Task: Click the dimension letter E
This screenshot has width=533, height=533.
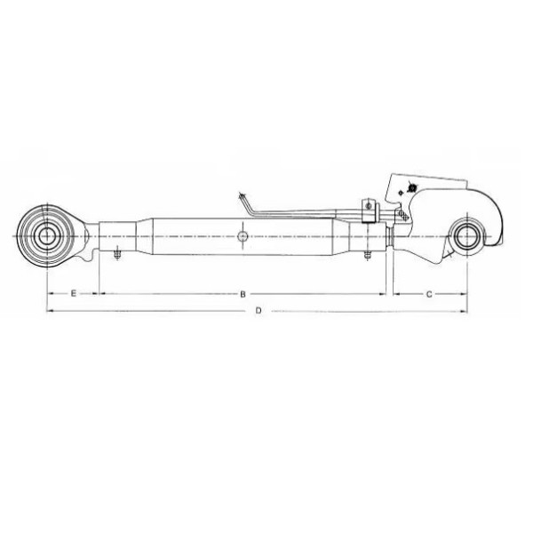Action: coord(72,292)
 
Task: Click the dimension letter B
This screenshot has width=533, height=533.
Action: coord(243,292)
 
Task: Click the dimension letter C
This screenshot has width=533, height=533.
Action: coord(429,292)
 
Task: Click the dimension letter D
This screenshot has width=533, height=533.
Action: coord(258,310)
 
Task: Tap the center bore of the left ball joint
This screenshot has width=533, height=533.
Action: coord(45,236)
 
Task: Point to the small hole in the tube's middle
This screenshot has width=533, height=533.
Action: coord(243,236)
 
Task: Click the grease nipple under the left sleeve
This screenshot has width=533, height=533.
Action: coord(116,258)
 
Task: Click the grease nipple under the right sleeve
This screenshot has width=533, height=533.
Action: coord(365,258)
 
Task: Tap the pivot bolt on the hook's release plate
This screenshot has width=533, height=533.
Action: coord(410,188)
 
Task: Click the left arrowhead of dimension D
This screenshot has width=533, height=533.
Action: coord(48,310)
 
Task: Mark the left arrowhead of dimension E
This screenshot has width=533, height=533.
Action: coord(48,292)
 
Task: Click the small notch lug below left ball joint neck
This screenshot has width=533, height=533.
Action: coord(85,259)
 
